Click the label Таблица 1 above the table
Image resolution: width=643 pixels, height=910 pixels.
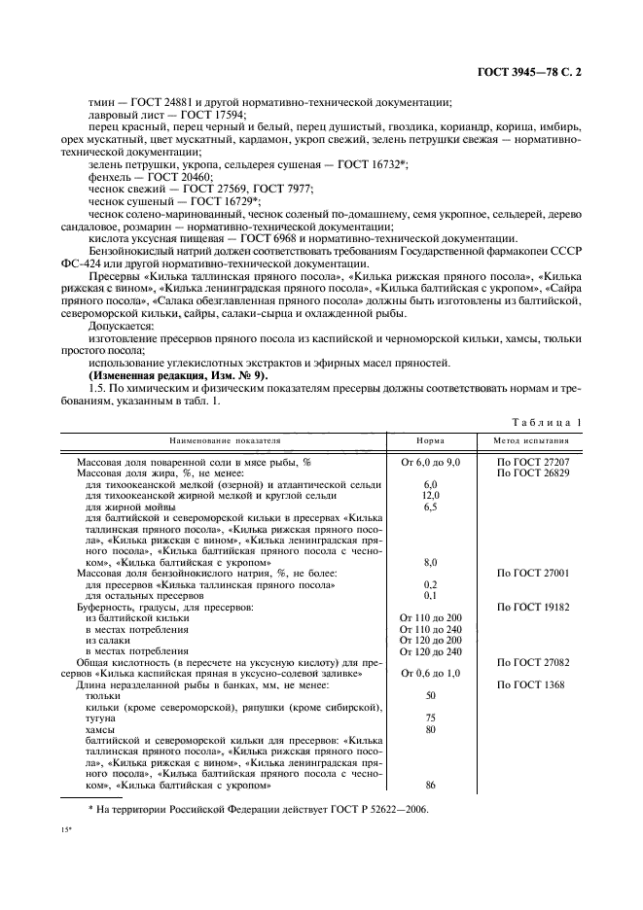(x=551, y=422)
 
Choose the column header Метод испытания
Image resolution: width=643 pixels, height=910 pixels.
(x=533, y=440)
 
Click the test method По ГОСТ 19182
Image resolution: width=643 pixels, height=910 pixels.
(x=533, y=607)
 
